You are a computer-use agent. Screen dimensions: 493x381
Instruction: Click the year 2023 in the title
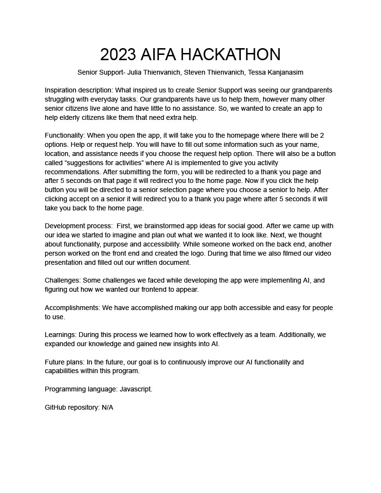[118, 55]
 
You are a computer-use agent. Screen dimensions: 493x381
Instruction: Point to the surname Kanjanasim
[284, 72]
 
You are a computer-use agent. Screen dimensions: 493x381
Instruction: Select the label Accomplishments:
[72, 308]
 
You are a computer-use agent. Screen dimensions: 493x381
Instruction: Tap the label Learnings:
[61, 335]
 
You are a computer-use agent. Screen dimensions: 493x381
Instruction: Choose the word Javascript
[135, 389]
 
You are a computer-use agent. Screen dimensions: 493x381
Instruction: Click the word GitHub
[55, 407]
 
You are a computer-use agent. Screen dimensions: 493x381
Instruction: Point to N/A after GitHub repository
[107, 407]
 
